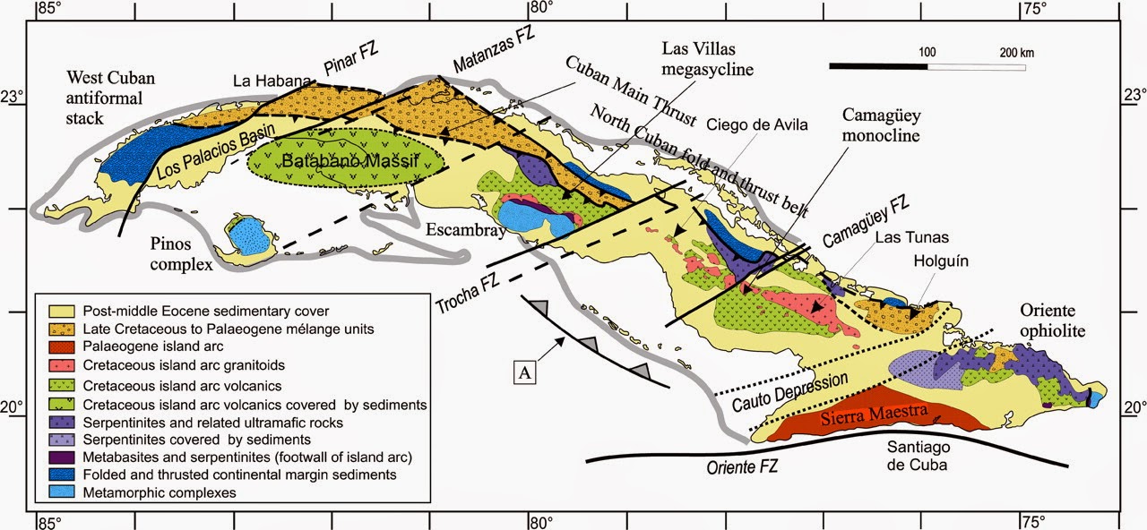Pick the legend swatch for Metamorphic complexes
57,492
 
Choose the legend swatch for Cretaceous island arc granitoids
57,366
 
